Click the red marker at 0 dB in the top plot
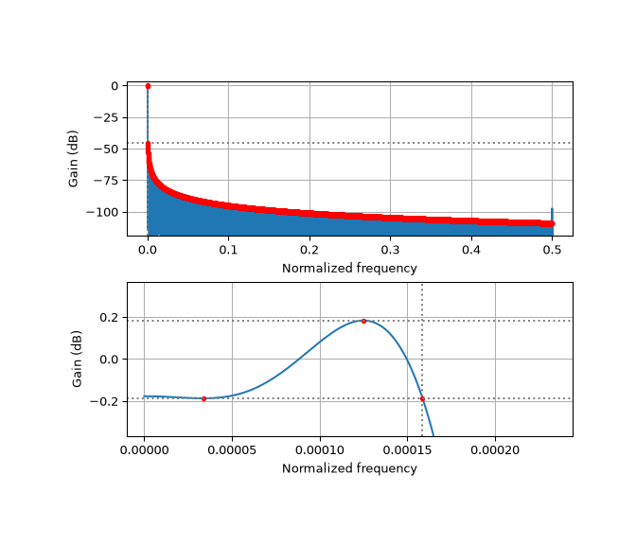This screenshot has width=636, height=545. tap(148, 86)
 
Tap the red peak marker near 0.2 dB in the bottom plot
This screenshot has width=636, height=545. tap(363, 321)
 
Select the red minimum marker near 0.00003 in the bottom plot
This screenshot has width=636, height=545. tap(204, 399)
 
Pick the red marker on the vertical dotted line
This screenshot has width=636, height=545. tap(422, 399)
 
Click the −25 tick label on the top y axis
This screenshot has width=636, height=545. tap(105, 117)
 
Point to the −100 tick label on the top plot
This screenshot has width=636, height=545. tap(102, 212)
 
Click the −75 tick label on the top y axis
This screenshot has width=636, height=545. tap(105, 181)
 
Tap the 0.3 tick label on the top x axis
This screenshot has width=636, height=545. tap(390, 250)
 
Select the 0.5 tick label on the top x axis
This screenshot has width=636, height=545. tap(552, 250)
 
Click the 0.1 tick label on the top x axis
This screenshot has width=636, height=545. tap(228, 250)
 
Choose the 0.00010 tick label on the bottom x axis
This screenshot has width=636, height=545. tap(320, 450)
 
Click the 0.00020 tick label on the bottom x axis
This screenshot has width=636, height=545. tap(495, 450)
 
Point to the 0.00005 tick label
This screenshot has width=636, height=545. tap(232, 450)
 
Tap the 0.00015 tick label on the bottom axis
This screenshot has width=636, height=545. tap(407, 450)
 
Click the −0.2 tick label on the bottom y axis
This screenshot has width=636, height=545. tap(104, 401)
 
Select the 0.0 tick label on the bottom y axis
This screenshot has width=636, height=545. tap(109, 360)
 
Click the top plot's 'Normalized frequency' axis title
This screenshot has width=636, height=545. tap(349, 268)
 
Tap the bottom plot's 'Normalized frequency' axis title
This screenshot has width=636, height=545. tap(349, 468)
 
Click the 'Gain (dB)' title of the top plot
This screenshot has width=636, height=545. tap(73, 159)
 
